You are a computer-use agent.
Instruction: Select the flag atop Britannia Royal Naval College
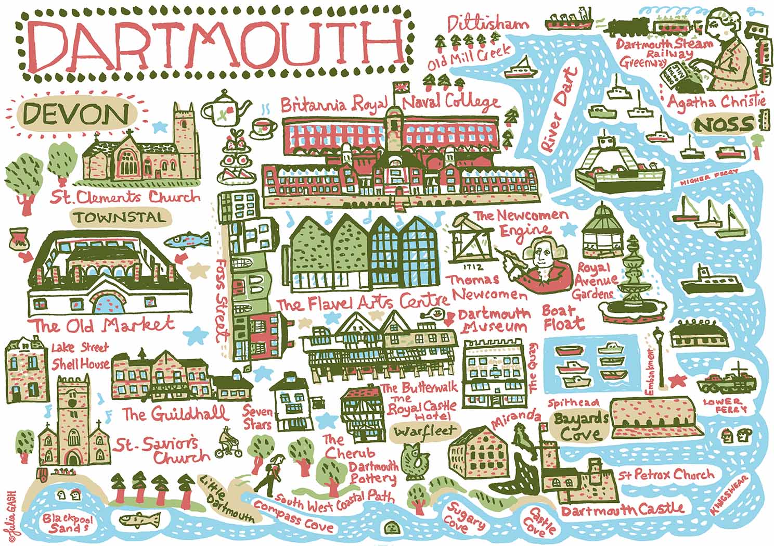[400, 87]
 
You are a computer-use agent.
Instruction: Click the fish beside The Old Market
[187, 240]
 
